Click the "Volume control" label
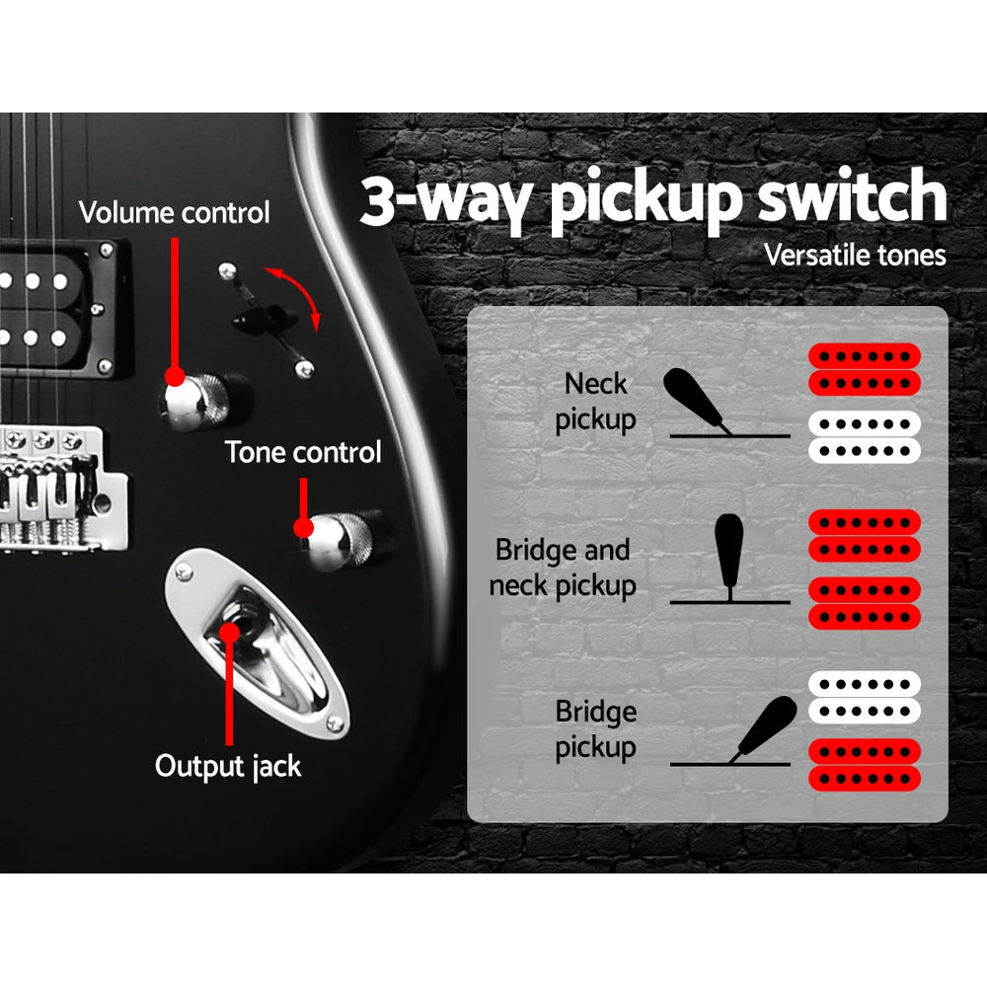(174, 212)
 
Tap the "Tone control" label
(303, 453)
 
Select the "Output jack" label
(228, 766)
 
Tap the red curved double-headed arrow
(296, 293)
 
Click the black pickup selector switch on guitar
(264, 318)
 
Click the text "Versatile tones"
(855, 256)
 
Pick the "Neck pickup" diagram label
(595, 402)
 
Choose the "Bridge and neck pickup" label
(564, 568)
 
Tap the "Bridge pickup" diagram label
(595, 729)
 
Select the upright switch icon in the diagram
(728, 553)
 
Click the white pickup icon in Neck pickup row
(865, 437)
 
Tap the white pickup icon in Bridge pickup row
(865, 697)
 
